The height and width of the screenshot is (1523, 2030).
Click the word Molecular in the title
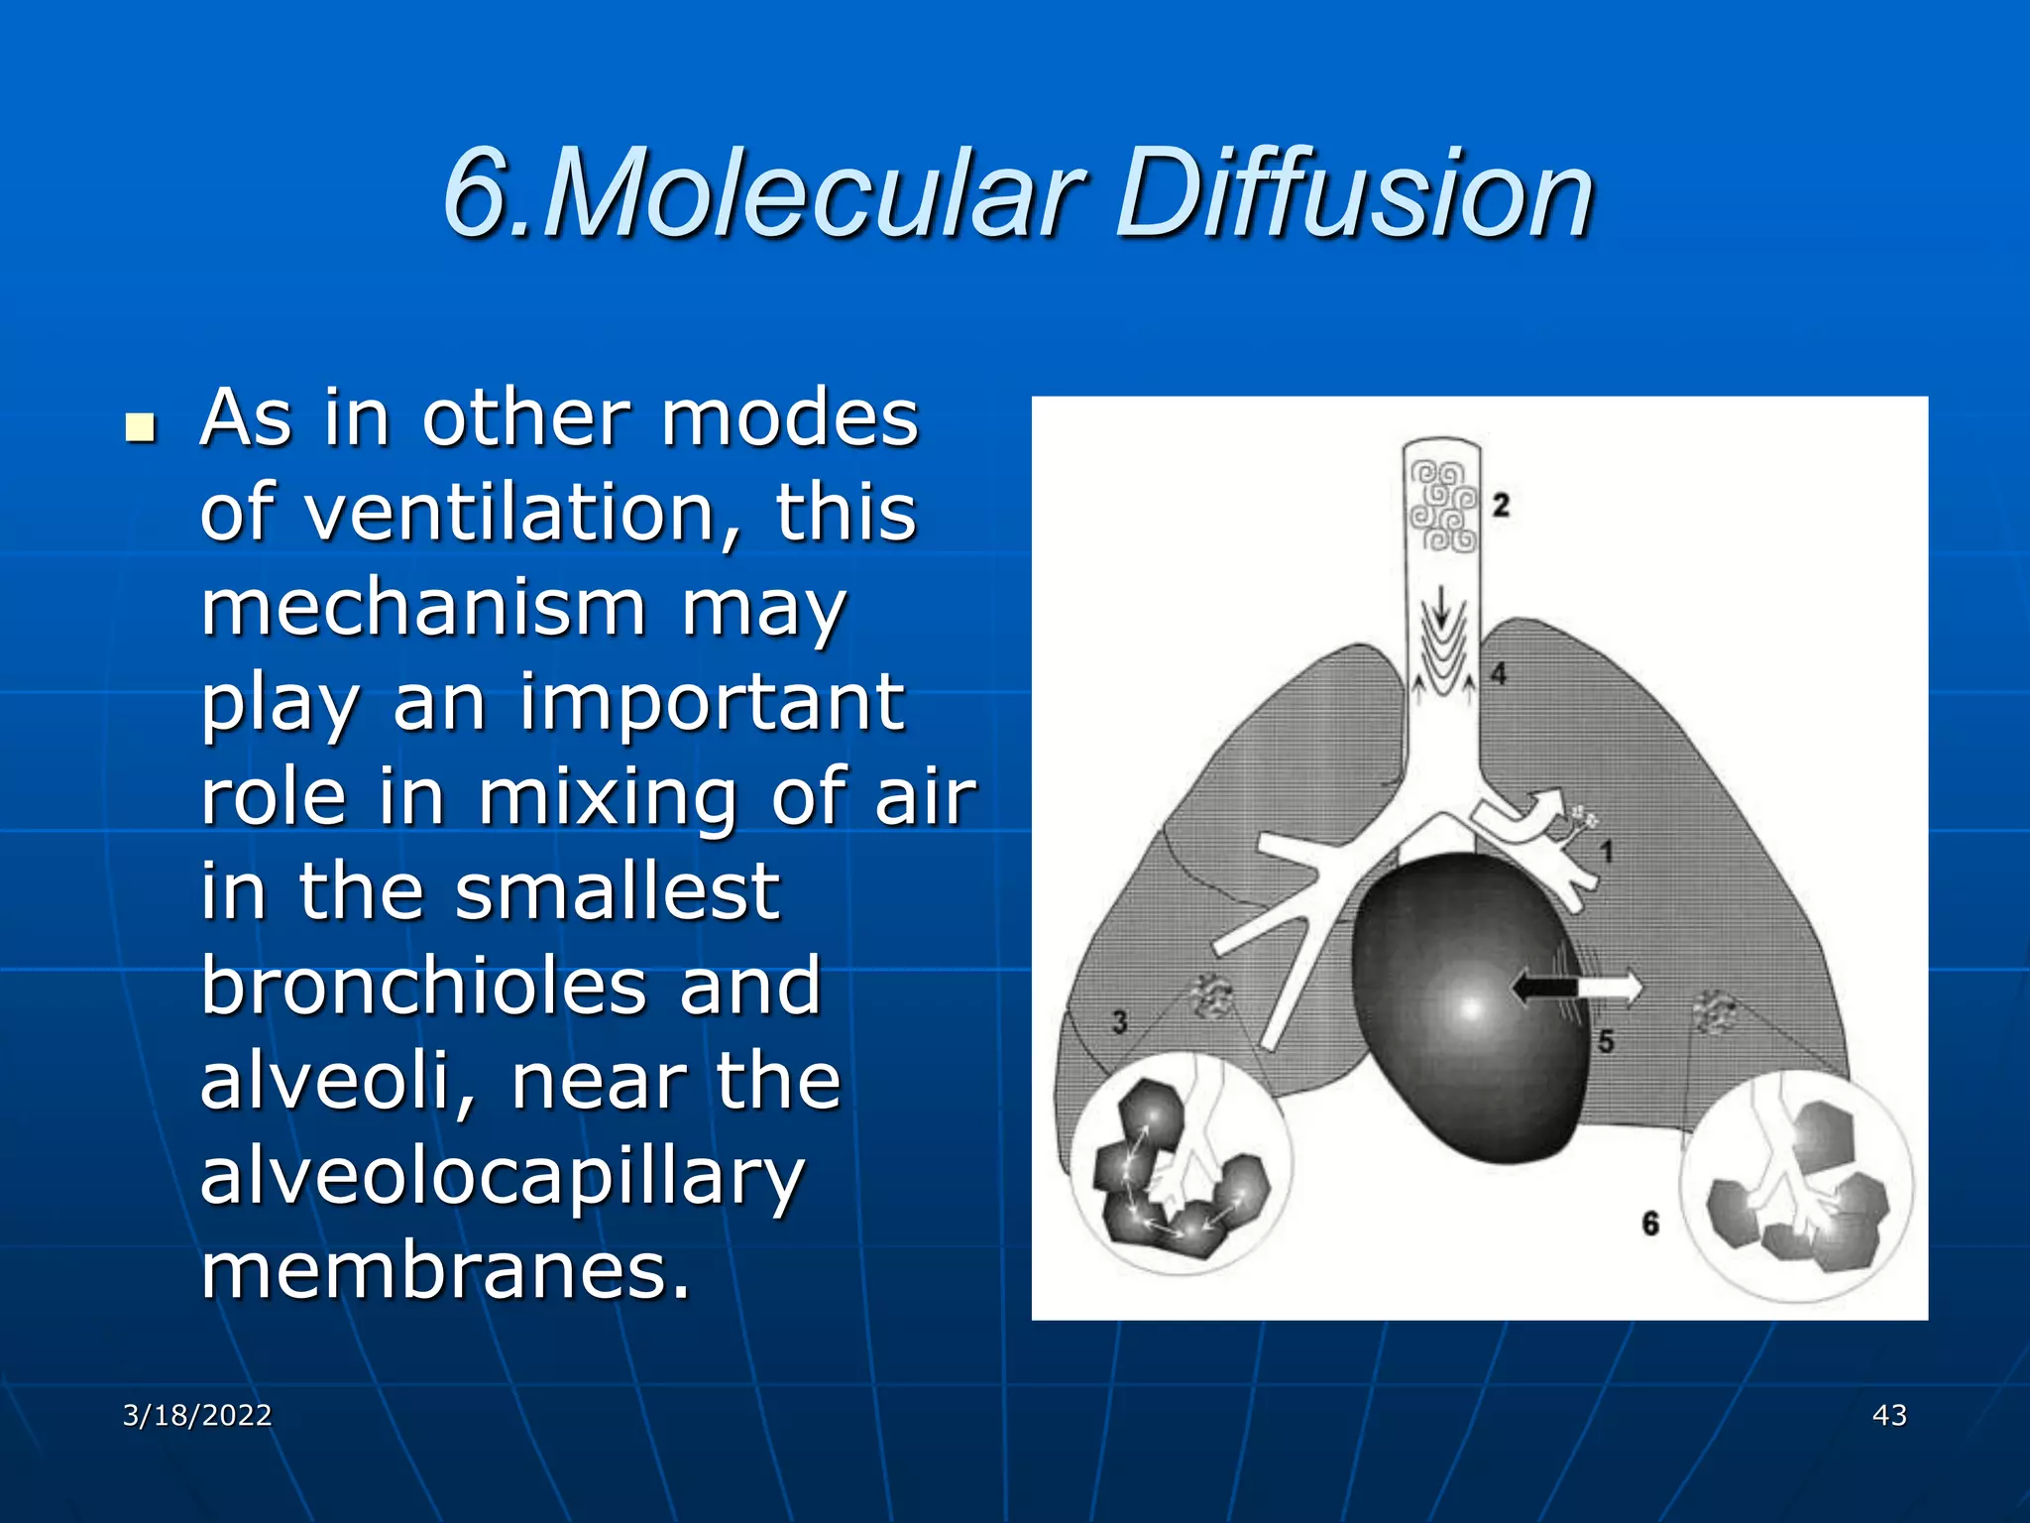coord(813,193)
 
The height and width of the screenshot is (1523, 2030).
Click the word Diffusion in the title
coord(1353,193)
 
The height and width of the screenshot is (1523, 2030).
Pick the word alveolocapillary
coord(502,1177)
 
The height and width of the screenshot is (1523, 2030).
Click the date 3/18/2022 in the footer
coord(197,1415)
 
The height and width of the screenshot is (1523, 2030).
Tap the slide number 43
coord(1889,1415)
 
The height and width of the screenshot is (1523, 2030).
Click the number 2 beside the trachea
coord(1501,505)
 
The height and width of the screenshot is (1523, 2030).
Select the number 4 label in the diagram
coord(1499,673)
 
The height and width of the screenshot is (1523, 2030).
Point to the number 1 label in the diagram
coord(1607,851)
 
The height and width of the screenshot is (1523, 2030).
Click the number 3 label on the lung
coord(1119,1021)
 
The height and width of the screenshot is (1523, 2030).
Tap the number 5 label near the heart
coord(1606,1041)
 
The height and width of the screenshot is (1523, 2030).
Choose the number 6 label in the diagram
coord(1649,1223)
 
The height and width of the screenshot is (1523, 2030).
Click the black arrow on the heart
coord(1542,987)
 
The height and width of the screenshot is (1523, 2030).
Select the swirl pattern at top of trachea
coord(1442,506)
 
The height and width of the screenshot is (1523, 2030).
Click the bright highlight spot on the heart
coord(1471,1009)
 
